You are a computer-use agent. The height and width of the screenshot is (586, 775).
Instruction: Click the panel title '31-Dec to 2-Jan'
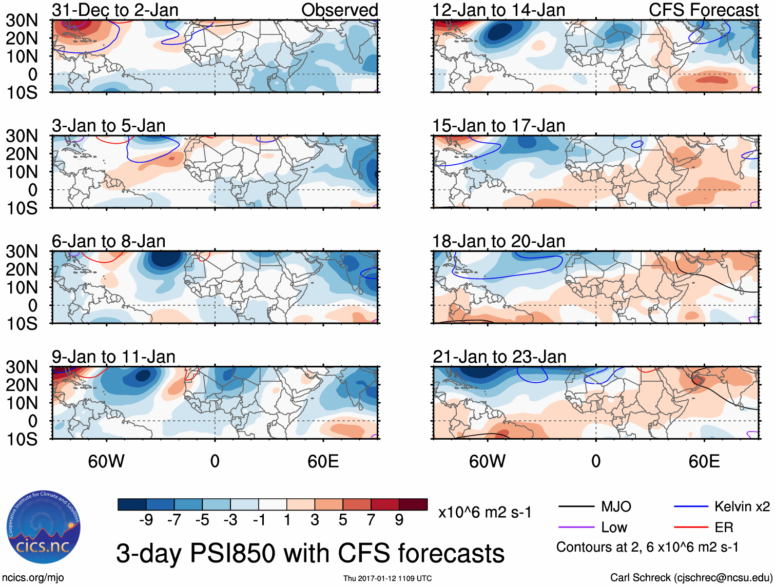click(115, 10)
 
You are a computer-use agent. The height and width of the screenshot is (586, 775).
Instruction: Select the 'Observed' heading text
click(339, 10)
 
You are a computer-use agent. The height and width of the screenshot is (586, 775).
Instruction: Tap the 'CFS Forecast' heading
click(703, 10)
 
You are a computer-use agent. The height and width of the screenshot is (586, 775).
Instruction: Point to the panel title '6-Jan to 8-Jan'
click(108, 241)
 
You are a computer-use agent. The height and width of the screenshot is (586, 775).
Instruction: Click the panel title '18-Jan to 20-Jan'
click(498, 241)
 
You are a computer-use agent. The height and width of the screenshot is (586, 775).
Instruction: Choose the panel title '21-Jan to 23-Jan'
click(499, 357)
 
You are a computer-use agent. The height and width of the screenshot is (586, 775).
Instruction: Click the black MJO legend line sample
click(576, 507)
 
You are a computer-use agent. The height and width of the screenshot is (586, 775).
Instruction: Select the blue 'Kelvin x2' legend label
click(742, 507)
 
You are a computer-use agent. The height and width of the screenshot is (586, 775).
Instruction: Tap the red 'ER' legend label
click(724, 528)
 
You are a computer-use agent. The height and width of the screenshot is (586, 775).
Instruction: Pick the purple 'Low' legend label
click(614, 528)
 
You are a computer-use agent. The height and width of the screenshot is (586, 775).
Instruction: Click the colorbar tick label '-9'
click(146, 520)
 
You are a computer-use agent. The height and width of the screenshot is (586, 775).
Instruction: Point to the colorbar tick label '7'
click(371, 520)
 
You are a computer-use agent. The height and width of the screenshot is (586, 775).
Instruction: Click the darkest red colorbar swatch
click(413, 504)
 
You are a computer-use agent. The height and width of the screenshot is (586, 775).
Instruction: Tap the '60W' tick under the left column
click(106, 461)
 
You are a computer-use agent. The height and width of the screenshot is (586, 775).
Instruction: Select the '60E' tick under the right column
click(704, 461)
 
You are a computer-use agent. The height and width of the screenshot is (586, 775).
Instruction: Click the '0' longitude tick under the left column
click(215, 461)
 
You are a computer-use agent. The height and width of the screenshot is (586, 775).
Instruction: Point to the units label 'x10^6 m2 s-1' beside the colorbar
click(485, 512)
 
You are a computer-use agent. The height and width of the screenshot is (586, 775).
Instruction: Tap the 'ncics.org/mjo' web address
click(33, 578)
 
